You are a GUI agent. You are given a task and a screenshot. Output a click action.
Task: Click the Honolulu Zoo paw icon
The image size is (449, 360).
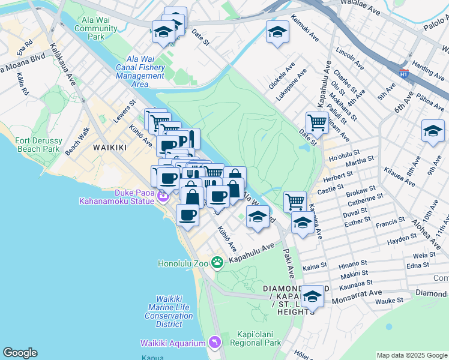pyautogui.click(x=217, y=262)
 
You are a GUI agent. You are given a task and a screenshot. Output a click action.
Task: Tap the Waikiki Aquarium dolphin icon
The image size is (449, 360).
pyautogui.click(x=215, y=343)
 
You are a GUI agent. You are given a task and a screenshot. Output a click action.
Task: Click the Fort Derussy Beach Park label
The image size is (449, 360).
pyautogui.click(x=37, y=145)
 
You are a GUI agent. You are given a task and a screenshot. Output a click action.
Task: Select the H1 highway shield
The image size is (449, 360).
pyautogui.click(x=404, y=73)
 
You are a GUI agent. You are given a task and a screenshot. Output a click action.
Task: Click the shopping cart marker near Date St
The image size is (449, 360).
pyautogui.click(x=316, y=122)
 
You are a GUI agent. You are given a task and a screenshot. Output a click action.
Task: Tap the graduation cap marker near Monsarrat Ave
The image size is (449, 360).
pyautogui.click(x=312, y=296)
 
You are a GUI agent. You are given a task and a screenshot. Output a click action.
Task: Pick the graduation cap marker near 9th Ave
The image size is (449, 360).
pyautogui.click(x=433, y=131)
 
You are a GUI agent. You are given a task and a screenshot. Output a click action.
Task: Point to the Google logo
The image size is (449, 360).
pyautogui.click(x=20, y=353)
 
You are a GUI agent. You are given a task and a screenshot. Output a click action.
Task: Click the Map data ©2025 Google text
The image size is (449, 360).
pyautogui.click(x=411, y=355)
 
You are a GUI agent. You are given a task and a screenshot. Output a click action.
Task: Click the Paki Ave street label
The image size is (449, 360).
pyautogui.click(x=290, y=265)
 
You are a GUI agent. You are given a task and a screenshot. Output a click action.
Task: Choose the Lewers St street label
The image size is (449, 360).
pyautogui.click(x=125, y=113)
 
